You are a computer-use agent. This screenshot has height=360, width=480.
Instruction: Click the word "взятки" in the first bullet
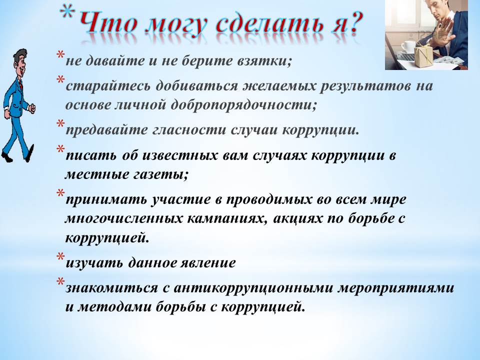(x=264, y=60)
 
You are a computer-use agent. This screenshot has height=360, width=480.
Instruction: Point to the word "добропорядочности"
(x=243, y=105)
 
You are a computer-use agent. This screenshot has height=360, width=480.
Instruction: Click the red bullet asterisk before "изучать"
(x=60, y=256)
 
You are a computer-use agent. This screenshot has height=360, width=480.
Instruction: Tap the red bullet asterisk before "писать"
(x=60, y=149)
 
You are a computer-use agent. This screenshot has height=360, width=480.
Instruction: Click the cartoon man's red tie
(x=21, y=85)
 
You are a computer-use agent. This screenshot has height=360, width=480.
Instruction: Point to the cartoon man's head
(x=20, y=63)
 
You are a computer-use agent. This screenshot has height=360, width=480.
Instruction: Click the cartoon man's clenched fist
(x=32, y=108)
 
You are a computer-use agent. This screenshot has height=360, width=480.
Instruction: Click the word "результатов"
(x=365, y=86)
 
